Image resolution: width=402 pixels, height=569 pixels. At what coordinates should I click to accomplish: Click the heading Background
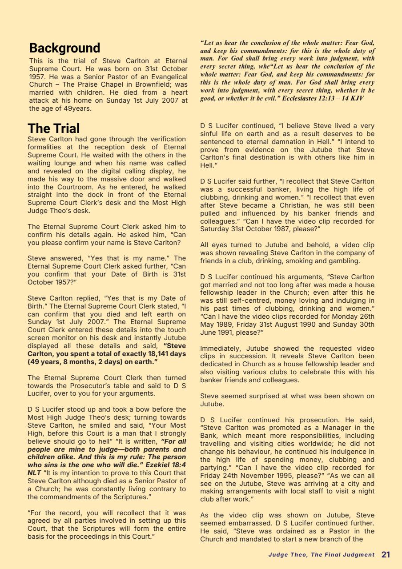[x=64, y=48]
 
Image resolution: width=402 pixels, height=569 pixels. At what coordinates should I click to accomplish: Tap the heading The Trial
[x=53, y=128]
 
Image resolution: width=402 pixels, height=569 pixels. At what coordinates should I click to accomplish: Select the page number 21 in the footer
[x=386, y=554]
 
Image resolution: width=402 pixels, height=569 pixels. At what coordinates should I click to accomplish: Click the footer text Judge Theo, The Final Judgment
[x=321, y=555]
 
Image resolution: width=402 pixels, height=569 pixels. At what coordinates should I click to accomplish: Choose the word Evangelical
[x=166, y=76]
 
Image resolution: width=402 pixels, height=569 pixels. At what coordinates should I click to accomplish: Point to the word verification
[x=165, y=139]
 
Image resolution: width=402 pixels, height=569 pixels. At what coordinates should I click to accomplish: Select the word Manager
[x=339, y=428]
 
